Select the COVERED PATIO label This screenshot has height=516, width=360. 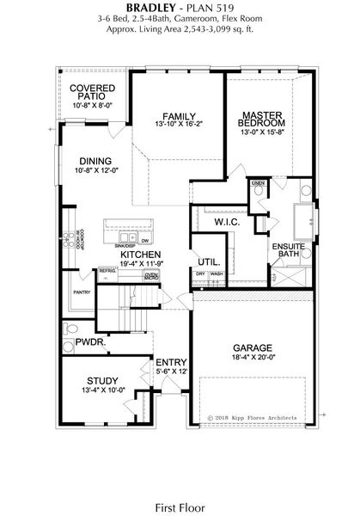point(92,93)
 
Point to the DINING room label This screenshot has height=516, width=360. point(95,160)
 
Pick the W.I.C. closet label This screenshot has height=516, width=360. point(226,221)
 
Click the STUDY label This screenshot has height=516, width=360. point(102,379)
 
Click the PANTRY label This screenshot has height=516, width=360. point(82,292)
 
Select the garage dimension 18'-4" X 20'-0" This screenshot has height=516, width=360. point(253,361)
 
